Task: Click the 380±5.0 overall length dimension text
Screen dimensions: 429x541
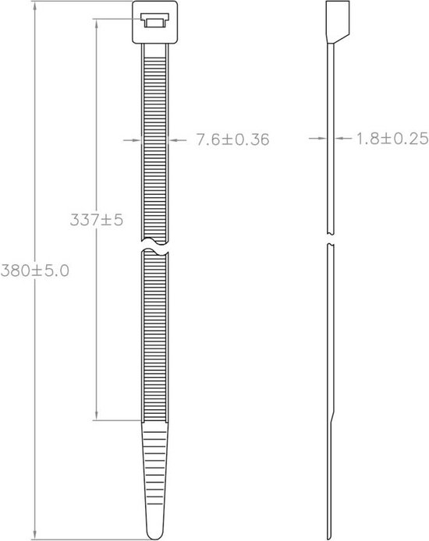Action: click(35, 270)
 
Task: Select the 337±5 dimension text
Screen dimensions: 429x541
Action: click(96, 220)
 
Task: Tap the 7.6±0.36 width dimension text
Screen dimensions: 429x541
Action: click(232, 140)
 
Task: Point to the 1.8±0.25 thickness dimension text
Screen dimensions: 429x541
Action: click(392, 139)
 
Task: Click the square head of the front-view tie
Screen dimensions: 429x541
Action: click(155, 22)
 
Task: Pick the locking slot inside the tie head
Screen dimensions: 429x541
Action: click(155, 20)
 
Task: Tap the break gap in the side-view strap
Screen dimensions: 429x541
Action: click(330, 239)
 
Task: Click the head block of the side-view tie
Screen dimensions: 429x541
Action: click(338, 22)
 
